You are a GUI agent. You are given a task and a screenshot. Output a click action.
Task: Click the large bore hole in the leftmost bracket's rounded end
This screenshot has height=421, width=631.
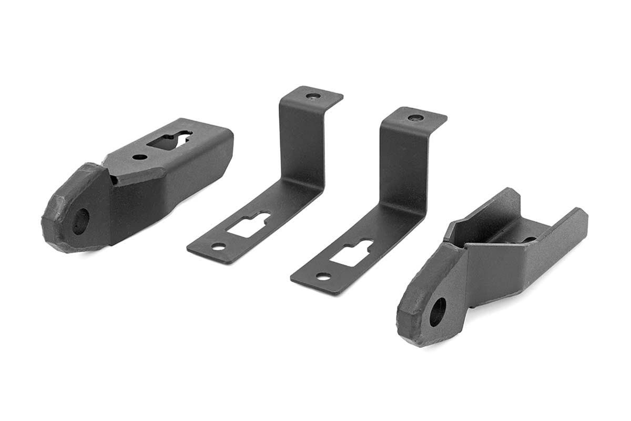pyautogui.click(x=80, y=221)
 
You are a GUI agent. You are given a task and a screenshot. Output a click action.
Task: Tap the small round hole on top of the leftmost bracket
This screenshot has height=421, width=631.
pyautogui.click(x=139, y=157)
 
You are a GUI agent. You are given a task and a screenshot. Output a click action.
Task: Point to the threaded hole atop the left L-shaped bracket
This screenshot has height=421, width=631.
pyautogui.click(x=313, y=96)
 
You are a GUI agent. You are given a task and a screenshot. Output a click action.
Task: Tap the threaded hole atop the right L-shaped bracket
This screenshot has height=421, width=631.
pyautogui.click(x=415, y=117)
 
